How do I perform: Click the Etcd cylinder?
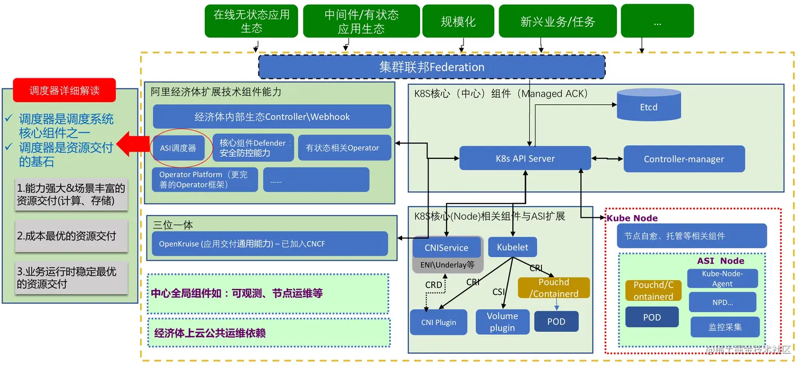coord(648,105)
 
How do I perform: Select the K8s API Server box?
coord(525,158)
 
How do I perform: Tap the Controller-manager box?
coord(684,159)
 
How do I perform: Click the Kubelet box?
coord(512,247)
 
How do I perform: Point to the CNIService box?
coord(446,247)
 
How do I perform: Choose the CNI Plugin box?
coord(438,322)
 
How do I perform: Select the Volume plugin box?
coord(502,322)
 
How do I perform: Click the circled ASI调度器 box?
coord(178,148)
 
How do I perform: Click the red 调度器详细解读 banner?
coord(64,91)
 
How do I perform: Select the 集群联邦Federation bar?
coord(431,67)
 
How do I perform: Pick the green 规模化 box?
coord(458,22)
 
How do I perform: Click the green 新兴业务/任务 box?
coord(557,22)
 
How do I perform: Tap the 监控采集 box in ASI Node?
coord(725,327)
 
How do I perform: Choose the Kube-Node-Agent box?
coord(722,279)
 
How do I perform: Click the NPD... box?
coord(722,302)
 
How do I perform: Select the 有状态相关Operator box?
coord(342,148)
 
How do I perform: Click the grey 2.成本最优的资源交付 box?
coord(71,236)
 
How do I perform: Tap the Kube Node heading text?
coord(632,218)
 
